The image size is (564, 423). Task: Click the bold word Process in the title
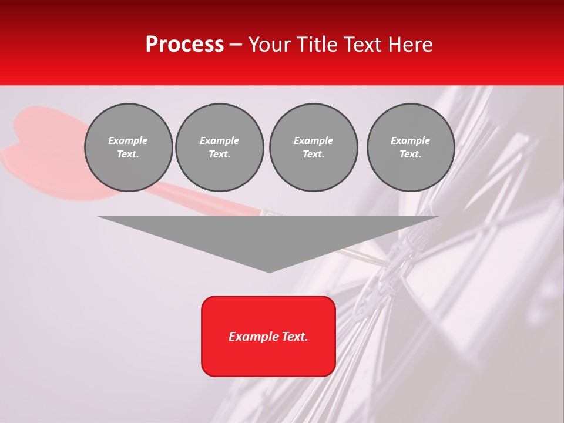pyautogui.click(x=184, y=45)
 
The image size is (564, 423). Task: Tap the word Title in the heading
pyautogui.click(x=315, y=45)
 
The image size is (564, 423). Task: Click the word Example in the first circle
pyautogui.click(x=128, y=140)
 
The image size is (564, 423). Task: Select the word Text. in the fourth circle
pyautogui.click(x=411, y=155)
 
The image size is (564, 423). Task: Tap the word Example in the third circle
pyautogui.click(x=313, y=140)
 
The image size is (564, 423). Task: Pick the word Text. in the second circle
pyautogui.click(x=219, y=155)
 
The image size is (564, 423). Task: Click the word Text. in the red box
pyautogui.click(x=294, y=337)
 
